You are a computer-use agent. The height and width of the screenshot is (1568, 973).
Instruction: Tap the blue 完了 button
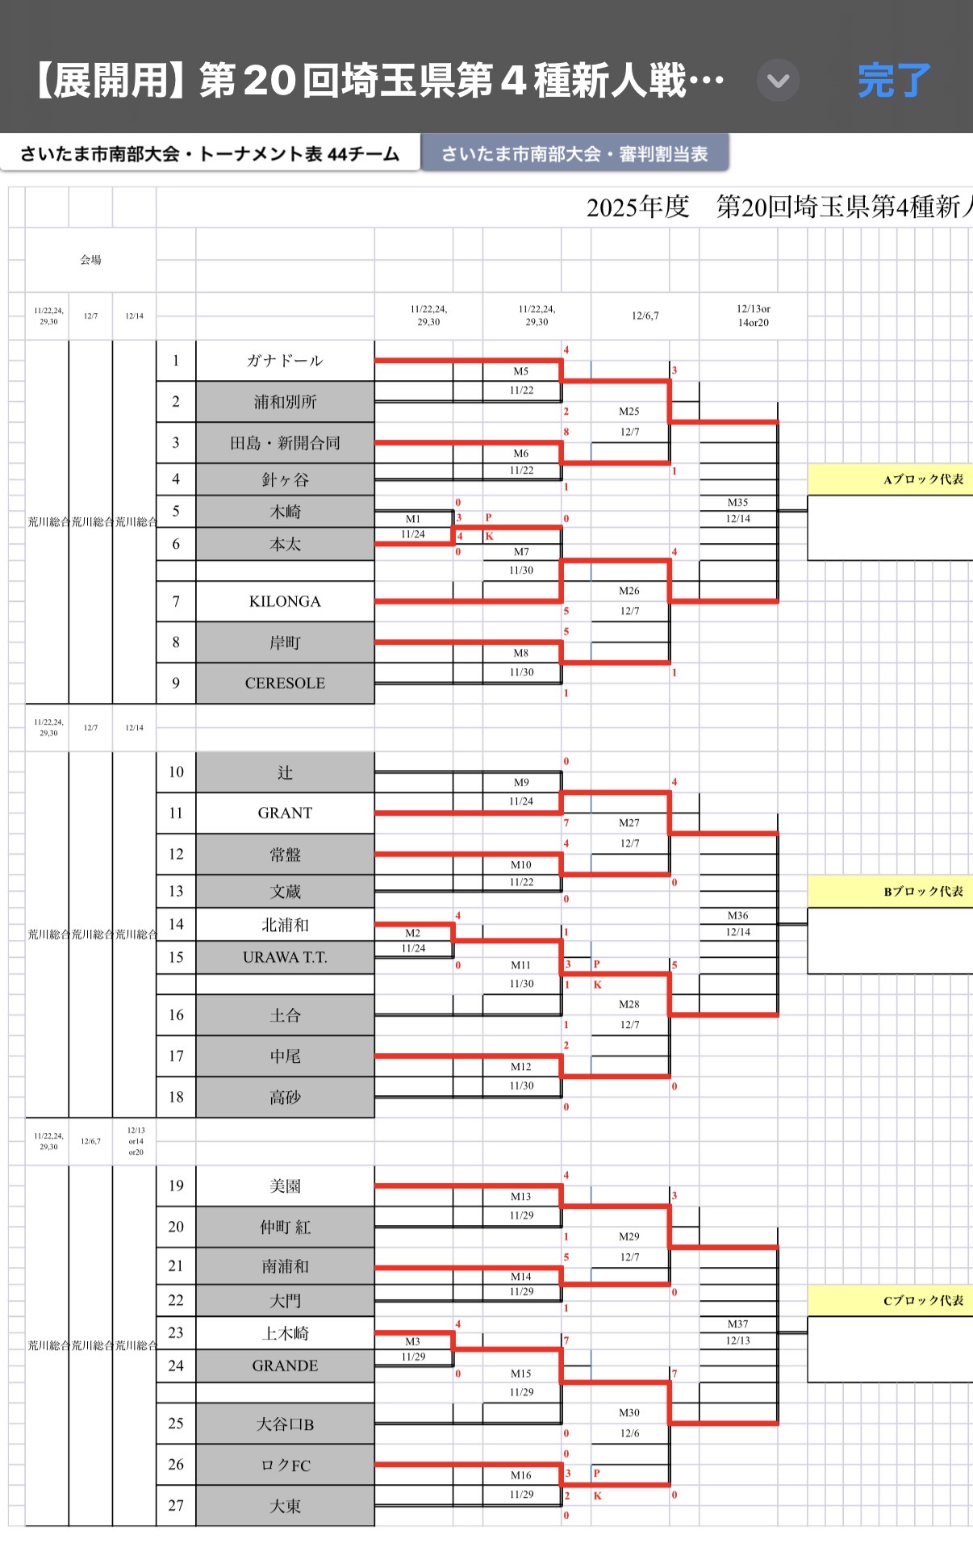click(x=894, y=81)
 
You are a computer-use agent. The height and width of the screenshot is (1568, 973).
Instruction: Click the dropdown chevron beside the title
click(x=778, y=81)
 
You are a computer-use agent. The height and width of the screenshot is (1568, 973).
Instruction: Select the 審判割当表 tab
click(x=574, y=153)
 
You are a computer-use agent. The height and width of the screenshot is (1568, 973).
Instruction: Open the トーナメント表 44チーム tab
click(x=210, y=153)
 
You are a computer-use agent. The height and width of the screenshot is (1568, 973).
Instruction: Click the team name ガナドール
click(x=285, y=361)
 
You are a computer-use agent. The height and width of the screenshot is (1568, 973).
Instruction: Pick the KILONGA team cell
click(x=285, y=601)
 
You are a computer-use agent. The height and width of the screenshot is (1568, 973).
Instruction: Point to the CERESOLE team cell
click(x=285, y=683)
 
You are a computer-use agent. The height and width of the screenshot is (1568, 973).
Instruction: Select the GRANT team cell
click(x=285, y=813)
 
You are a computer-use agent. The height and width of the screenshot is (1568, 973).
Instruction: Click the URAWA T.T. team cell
click(x=285, y=957)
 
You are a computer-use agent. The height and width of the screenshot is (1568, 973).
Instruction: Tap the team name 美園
click(x=285, y=1185)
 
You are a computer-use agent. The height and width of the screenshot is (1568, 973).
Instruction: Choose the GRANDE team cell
click(x=285, y=1365)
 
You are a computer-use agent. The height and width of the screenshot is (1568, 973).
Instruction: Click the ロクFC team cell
click(x=285, y=1465)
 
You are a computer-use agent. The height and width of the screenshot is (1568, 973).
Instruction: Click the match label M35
click(x=737, y=503)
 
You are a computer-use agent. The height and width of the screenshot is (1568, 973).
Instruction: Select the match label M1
click(x=413, y=519)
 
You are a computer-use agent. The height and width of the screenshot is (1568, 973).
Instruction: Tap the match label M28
click(x=629, y=1005)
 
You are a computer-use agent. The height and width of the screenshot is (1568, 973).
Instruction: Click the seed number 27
click(x=176, y=1505)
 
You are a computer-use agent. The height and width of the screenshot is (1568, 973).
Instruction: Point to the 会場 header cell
click(x=90, y=260)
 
